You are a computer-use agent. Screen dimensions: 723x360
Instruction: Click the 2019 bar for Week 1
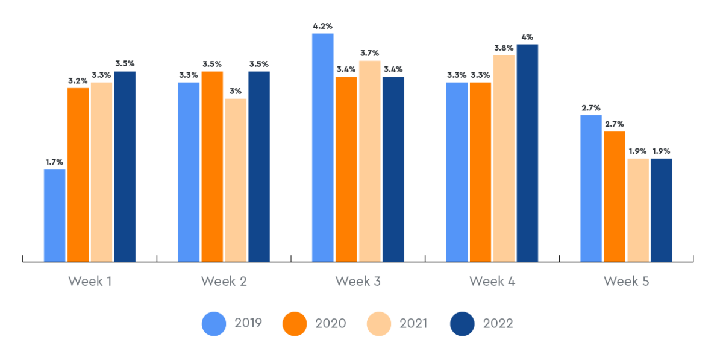(x=55, y=215)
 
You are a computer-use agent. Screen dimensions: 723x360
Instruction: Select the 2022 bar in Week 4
(x=527, y=153)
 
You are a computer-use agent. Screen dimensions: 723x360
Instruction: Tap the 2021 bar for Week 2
(x=236, y=180)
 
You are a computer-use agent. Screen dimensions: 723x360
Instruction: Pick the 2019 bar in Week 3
(x=323, y=148)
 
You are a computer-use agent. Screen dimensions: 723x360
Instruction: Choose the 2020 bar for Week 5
(x=615, y=197)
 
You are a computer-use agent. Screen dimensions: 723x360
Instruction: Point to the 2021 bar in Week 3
(x=370, y=161)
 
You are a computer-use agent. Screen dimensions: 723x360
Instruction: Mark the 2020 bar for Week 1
(x=78, y=175)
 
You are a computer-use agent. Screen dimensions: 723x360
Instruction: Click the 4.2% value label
(x=323, y=26)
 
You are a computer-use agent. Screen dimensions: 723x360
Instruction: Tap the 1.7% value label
(x=54, y=162)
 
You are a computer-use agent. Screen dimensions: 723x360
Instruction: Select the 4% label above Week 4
(x=527, y=37)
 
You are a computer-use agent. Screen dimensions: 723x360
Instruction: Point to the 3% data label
(x=236, y=92)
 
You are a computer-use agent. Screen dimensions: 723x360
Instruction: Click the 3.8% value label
(x=504, y=48)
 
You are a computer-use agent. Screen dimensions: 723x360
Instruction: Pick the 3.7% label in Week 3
(x=370, y=53)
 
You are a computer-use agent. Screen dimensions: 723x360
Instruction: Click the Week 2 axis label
(x=224, y=281)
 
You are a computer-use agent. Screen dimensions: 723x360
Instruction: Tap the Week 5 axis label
(x=627, y=281)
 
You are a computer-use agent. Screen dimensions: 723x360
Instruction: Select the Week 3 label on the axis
(x=358, y=281)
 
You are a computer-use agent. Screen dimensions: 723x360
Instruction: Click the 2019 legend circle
(x=214, y=324)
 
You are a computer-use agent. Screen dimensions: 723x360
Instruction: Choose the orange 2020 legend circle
(x=295, y=324)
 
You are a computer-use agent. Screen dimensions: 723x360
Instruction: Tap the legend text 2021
(x=413, y=323)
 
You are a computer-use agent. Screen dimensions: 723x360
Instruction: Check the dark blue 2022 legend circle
(x=462, y=324)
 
